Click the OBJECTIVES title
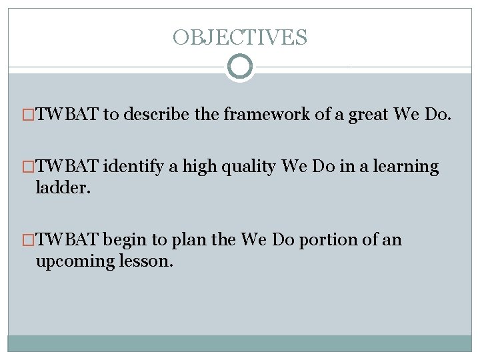(x=240, y=37)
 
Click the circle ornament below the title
(x=240, y=67)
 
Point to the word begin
(x=125, y=240)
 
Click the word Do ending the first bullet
(x=437, y=115)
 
